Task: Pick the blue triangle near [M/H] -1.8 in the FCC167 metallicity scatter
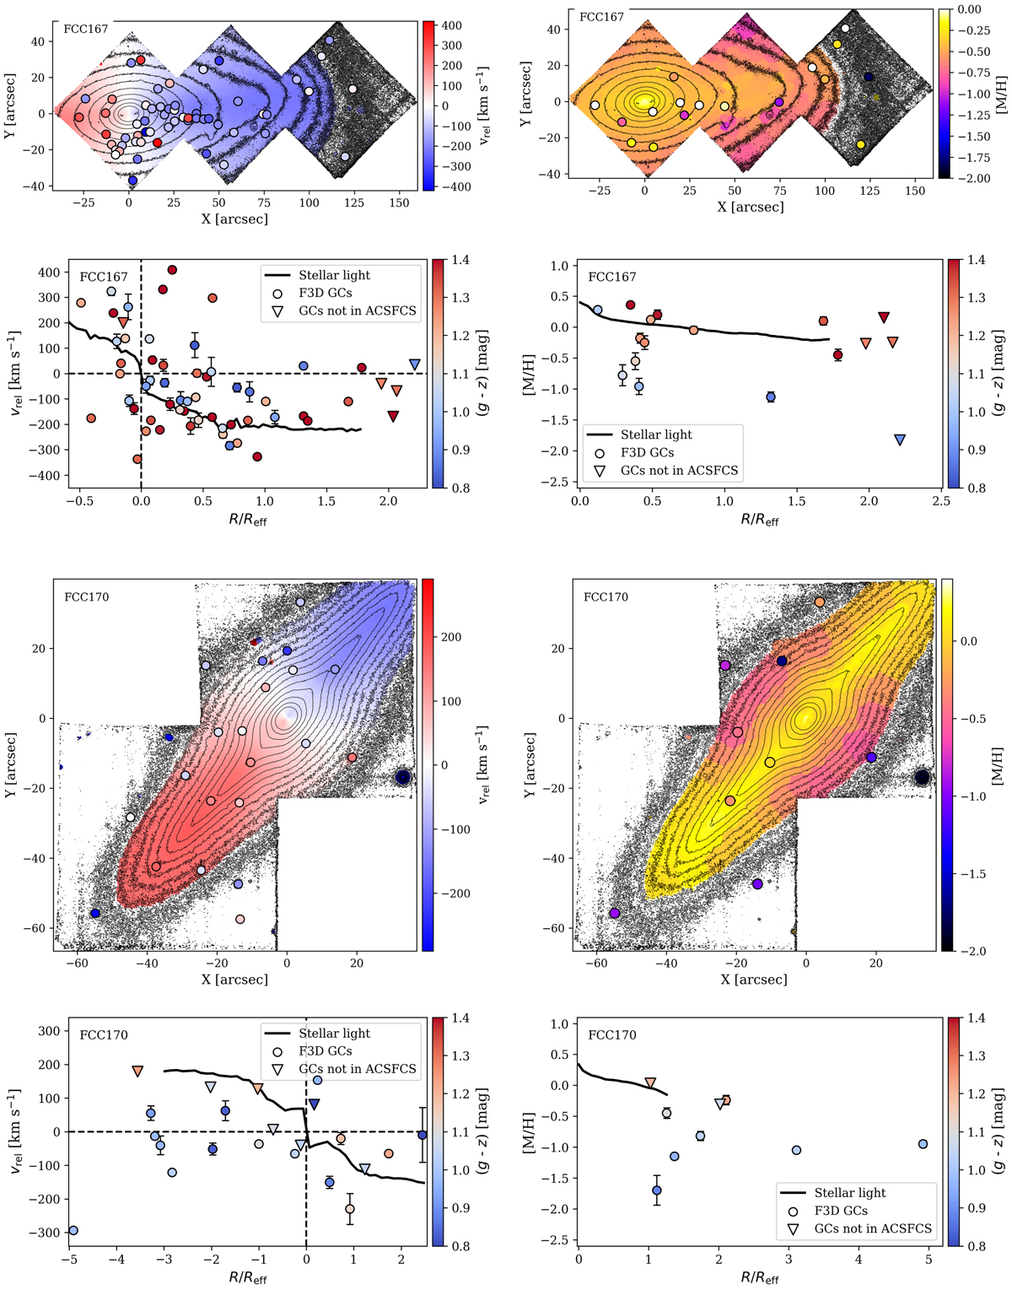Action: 900,440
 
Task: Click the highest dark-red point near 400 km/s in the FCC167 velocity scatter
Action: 172,270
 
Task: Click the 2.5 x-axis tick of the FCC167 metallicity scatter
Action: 940,503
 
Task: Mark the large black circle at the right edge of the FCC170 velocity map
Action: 403,777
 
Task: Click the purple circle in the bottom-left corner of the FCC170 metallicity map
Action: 615,913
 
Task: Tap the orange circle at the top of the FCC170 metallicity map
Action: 820,602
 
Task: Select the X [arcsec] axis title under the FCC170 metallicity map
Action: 753,980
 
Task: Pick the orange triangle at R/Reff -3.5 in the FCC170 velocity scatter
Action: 137,1071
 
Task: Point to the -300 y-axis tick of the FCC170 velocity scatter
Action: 44,1233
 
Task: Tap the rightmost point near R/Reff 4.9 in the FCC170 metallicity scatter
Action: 923,1144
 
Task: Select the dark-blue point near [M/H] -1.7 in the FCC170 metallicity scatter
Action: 657,1190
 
